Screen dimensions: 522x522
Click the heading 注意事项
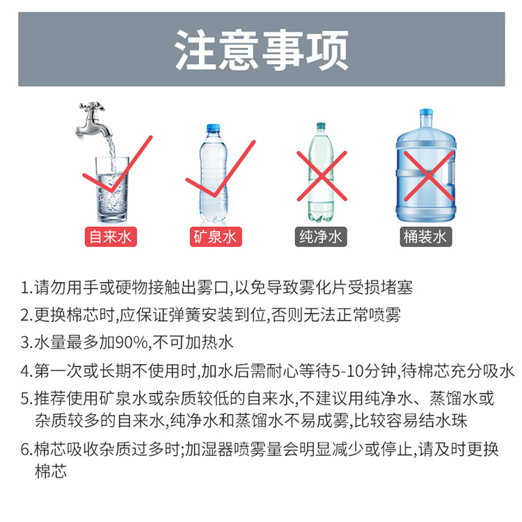tap(261, 49)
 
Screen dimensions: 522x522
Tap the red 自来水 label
tap(110, 237)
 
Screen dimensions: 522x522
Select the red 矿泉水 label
tap(214, 237)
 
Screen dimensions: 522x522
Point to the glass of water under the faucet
tap(111, 188)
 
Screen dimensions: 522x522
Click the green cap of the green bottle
tap(321, 127)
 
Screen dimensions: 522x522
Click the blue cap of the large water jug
tap(426, 113)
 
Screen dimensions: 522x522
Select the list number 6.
tap(25, 450)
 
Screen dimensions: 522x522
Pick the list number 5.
tap(25, 399)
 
